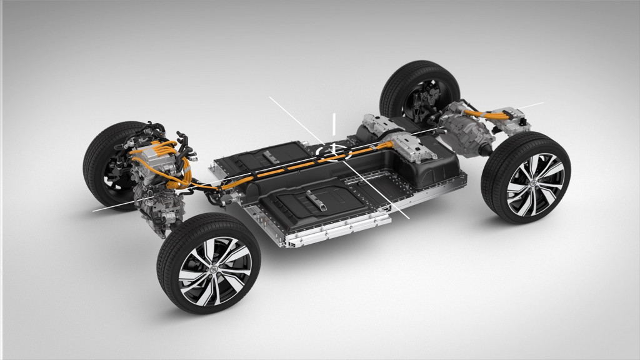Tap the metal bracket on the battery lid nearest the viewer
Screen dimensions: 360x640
point(316,201)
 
